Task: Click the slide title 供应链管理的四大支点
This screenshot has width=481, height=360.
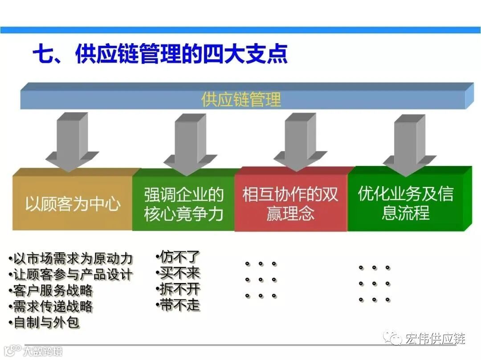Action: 160,55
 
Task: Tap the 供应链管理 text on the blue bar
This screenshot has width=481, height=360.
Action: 241,99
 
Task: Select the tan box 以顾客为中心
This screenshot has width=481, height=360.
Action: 73,204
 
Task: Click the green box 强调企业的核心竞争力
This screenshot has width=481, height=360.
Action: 183,204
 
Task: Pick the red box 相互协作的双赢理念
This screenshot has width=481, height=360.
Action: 290,204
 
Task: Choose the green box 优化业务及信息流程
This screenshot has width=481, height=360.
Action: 406,202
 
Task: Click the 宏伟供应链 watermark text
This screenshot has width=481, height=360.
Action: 435,339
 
